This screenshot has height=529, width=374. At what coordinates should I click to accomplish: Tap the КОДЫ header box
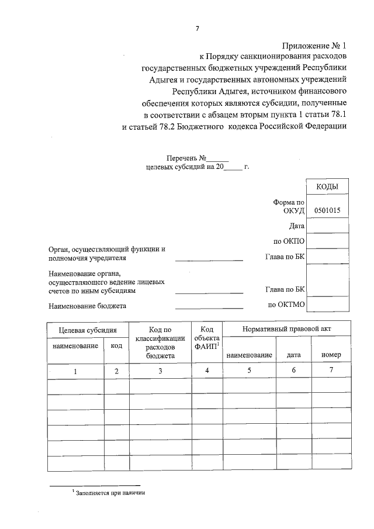(327, 186)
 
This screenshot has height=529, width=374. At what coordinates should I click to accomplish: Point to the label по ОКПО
(290, 241)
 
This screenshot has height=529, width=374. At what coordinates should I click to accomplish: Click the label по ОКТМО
(287, 305)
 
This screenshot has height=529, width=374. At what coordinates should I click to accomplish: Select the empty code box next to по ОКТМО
(327, 305)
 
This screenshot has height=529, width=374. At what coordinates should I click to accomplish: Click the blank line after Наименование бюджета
(209, 305)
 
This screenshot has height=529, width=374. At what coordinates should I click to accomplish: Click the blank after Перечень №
(218, 158)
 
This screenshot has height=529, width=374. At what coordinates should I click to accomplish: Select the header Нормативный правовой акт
(286, 329)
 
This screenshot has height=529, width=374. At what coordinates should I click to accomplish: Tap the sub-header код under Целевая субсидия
(116, 345)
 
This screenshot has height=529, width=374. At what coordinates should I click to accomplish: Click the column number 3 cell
(159, 371)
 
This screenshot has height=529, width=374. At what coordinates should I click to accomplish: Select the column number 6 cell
(293, 371)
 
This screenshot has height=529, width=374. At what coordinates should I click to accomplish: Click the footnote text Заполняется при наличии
(109, 493)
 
